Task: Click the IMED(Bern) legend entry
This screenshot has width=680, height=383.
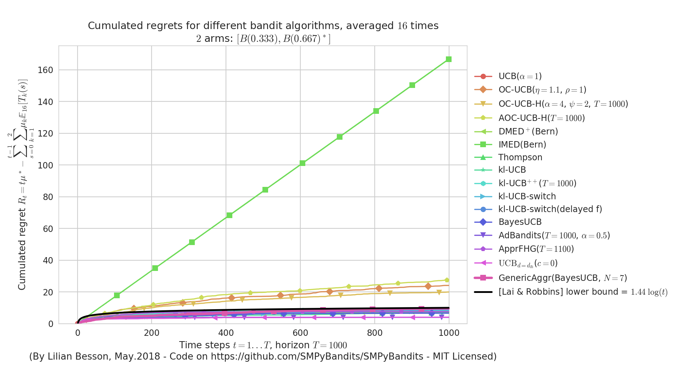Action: (522, 145)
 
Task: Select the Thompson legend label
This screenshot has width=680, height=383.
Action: (520, 157)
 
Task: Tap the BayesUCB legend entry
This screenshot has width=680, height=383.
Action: (520, 222)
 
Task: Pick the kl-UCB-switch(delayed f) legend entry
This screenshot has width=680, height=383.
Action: (550, 209)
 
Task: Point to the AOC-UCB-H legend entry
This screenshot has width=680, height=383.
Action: (542, 118)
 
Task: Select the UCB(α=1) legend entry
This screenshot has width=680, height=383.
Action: (520, 76)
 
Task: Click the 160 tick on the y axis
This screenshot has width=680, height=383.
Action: (45, 70)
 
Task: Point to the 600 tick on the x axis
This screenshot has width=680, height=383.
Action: (300, 333)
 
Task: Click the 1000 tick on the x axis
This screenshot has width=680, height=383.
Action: (449, 333)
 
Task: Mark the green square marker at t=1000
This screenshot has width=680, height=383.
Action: (449, 59)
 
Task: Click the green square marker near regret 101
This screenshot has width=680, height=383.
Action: (302, 163)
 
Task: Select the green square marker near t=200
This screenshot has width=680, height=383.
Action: (155, 268)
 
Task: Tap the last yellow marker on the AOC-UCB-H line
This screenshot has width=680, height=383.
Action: (447, 280)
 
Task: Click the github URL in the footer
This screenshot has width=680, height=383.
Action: (317, 357)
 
